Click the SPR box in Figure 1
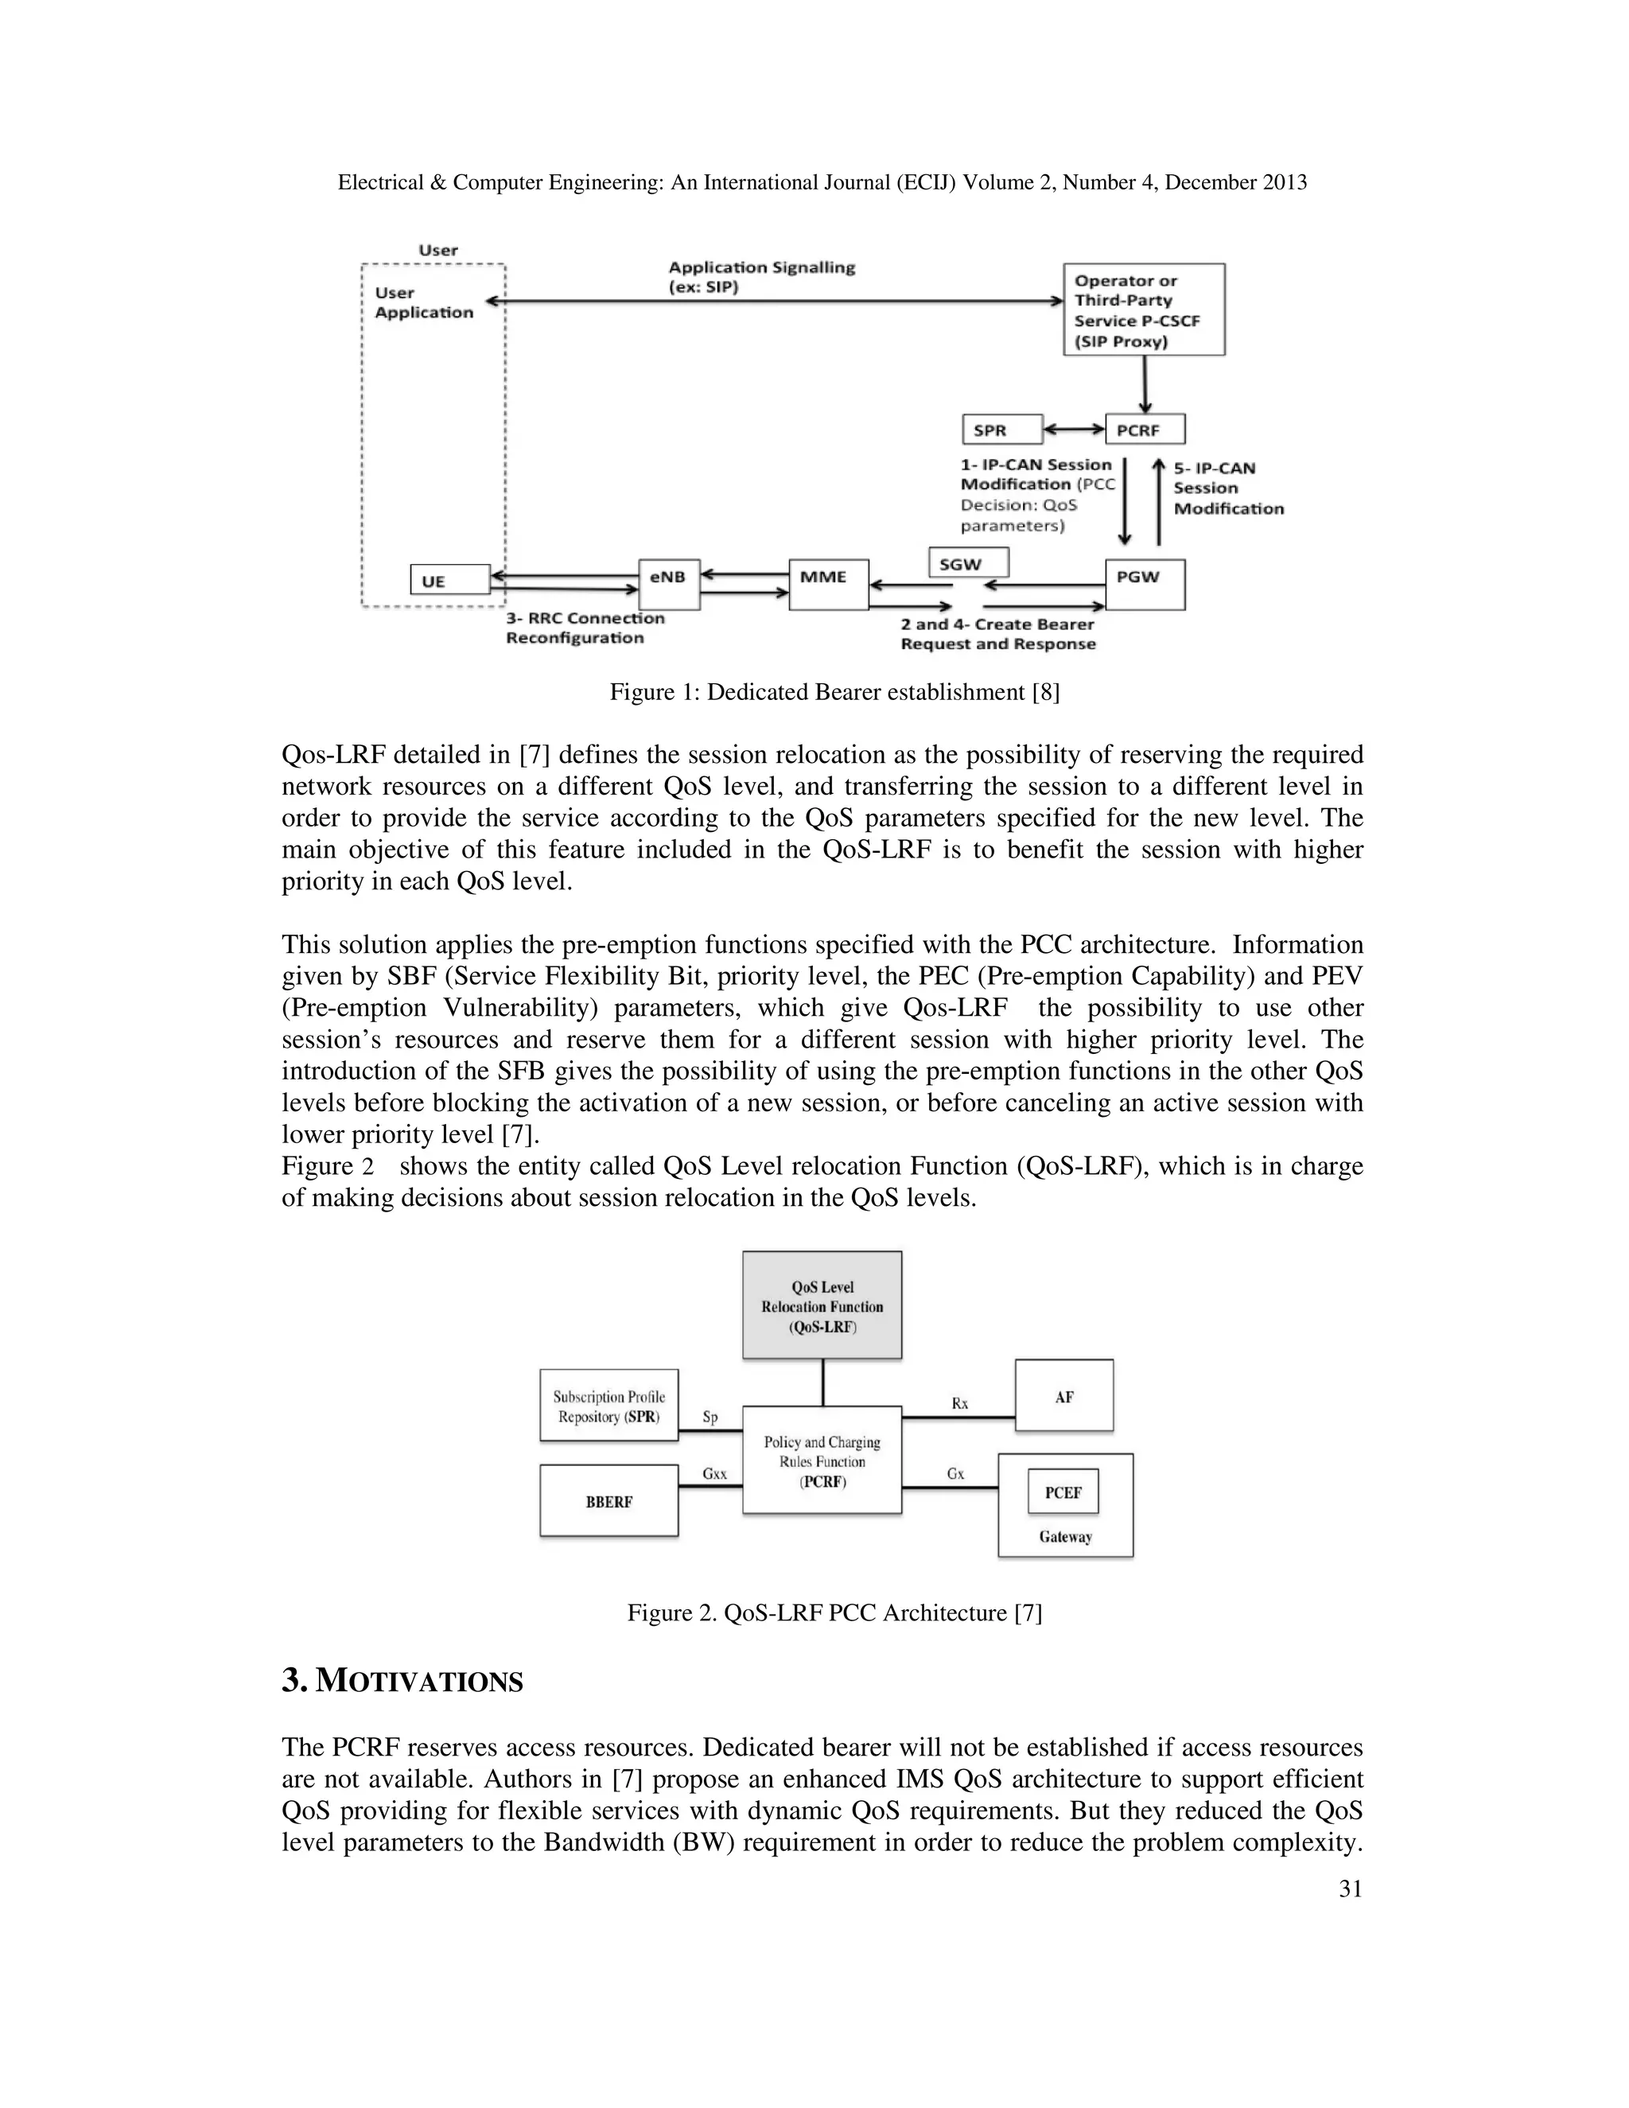(1001, 430)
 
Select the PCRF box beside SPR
(1145, 430)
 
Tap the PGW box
(1145, 584)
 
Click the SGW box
(968, 562)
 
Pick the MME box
(828, 584)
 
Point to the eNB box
(669, 584)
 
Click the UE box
(449, 580)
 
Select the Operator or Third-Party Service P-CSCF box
(1144, 309)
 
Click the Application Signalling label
(761, 277)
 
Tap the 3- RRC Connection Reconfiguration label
(585, 628)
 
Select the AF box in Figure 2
(1063, 1396)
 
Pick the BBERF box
(609, 1501)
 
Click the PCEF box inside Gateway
(1063, 1492)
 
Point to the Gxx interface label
(715, 1474)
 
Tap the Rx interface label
(959, 1403)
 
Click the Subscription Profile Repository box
(609, 1406)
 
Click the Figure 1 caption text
(834, 692)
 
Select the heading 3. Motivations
(402, 1680)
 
